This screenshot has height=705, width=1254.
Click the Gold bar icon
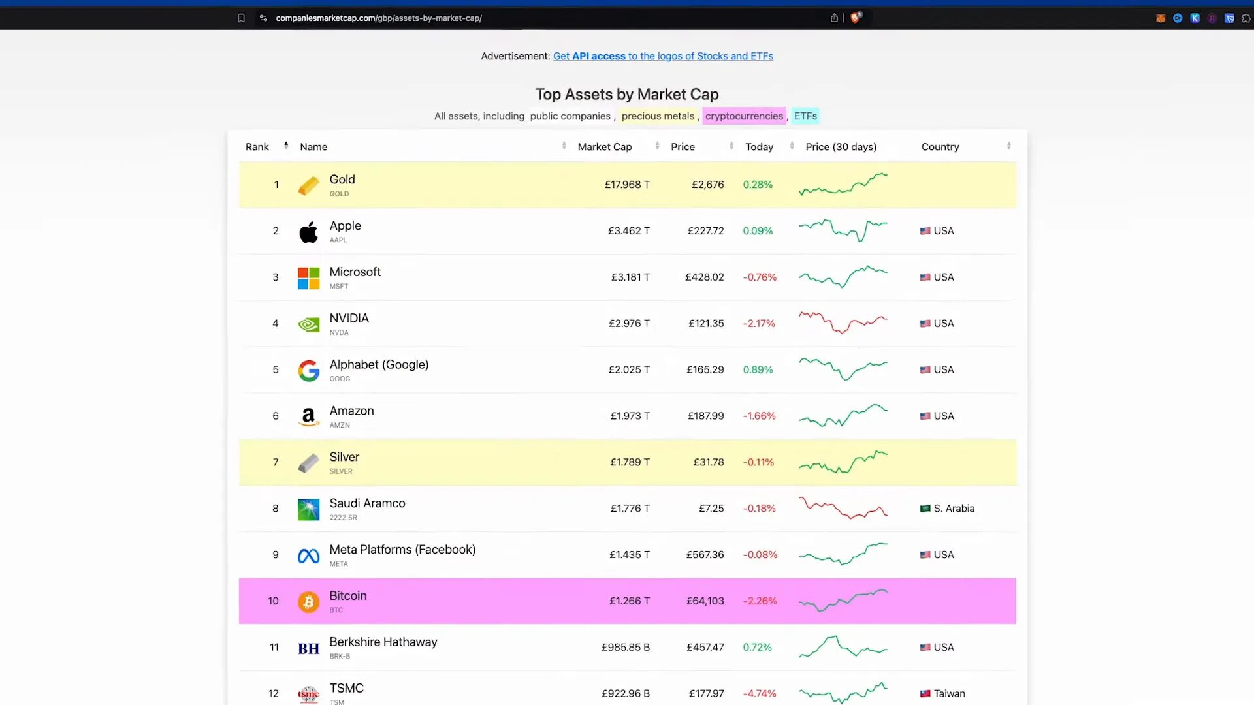tap(308, 186)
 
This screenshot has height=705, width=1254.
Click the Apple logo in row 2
tap(308, 232)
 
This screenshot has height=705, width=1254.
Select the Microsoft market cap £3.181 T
tap(630, 277)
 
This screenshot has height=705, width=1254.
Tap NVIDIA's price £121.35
tap(706, 324)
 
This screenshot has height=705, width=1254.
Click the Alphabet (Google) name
tap(379, 364)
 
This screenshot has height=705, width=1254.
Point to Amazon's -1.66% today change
tap(759, 416)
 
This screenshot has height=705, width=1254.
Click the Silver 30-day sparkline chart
tap(843, 462)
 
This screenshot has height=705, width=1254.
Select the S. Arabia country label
tap(953, 509)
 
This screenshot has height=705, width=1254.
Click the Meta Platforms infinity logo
tap(308, 556)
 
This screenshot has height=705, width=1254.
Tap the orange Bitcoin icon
tap(308, 602)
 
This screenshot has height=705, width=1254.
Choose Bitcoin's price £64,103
tap(705, 601)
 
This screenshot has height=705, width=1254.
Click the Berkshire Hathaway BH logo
tap(308, 648)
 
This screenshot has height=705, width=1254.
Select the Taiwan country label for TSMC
tap(948, 693)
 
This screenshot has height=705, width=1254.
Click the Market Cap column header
tap(604, 147)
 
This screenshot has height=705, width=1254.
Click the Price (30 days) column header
tap(841, 147)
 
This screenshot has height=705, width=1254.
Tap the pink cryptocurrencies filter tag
tap(743, 116)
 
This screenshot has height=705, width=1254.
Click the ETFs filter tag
tap(805, 116)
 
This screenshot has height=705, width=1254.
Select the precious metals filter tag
tap(657, 116)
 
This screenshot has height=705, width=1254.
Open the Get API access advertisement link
tap(662, 56)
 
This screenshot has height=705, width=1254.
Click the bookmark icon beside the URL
tap(241, 18)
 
